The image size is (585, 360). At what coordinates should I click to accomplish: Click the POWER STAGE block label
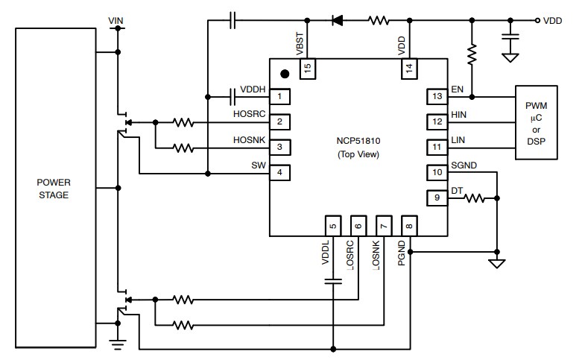(x=55, y=189)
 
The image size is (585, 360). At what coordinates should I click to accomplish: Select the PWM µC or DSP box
(x=537, y=121)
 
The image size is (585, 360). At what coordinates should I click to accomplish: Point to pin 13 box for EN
(x=435, y=96)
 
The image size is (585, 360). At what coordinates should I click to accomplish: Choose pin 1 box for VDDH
(x=279, y=96)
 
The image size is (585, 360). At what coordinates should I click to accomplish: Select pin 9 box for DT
(x=435, y=198)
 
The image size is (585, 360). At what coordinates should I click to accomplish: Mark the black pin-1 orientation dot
(x=285, y=74)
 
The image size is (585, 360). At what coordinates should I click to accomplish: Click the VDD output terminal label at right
(x=552, y=21)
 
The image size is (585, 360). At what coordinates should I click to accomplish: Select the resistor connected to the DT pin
(x=475, y=198)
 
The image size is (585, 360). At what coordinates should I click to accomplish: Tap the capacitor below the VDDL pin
(x=333, y=280)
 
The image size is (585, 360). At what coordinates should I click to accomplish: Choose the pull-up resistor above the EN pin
(x=471, y=54)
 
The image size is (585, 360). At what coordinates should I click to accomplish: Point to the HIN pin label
(x=458, y=114)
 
